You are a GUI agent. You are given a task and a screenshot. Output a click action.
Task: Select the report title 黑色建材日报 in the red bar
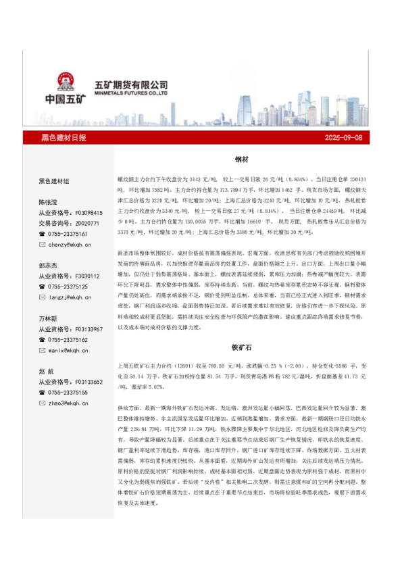(x=64, y=138)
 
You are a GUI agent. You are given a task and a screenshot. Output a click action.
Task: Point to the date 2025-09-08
(x=343, y=138)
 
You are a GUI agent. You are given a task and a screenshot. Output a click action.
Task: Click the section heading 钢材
(x=242, y=161)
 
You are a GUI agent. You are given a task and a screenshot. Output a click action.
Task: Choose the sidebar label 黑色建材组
(x=54, y=181)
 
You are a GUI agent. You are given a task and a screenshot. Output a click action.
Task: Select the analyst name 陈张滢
(x=49, y=202)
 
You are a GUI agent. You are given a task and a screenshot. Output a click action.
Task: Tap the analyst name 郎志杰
(x=49, y=266)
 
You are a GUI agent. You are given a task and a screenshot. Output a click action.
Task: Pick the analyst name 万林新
(x=49, y=318)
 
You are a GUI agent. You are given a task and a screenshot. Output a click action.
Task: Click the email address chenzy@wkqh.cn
(x=70, y=244)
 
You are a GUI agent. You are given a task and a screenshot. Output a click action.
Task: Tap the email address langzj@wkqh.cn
(x=70, y=297)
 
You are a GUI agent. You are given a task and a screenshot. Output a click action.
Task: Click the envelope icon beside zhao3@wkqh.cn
(x=43, y=403)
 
